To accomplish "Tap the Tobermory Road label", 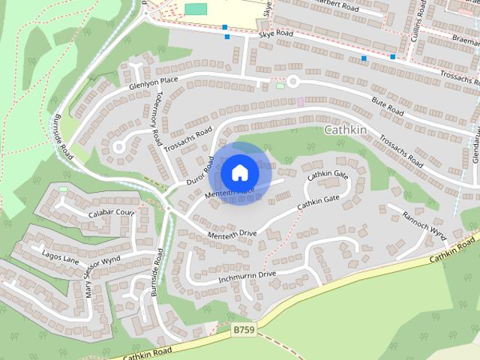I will point(155,121).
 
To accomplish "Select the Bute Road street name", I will point(389,107).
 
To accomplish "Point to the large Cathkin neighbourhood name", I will point(345,130).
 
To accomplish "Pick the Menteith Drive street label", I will point(231,235).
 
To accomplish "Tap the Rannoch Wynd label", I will point(424,223).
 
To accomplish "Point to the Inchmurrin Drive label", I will point(247,277).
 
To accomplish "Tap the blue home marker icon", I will point(238,172).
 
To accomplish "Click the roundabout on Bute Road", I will point(292,81).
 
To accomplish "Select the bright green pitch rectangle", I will point(196,9).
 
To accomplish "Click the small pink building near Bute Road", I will point(301,101).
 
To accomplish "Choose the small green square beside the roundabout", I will point(280,85).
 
